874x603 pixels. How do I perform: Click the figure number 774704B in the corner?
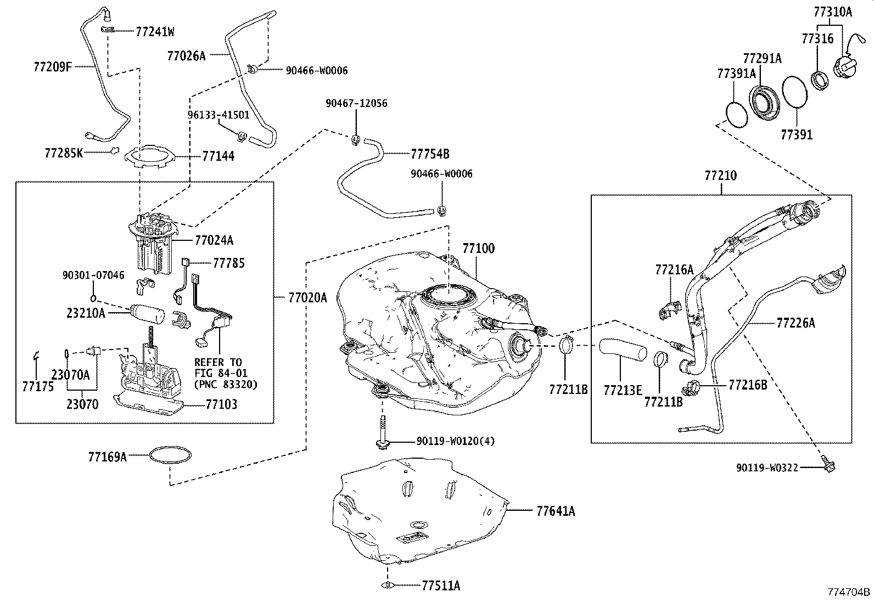[x=849, y=592]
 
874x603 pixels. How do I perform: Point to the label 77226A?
[x=795, y=323]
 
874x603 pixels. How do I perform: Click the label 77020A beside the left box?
[x=307, y=298]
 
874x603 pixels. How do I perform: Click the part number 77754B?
[x=430, y=154]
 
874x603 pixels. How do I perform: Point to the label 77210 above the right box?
[x=720, y=176]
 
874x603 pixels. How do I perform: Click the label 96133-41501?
[x=218, y=115]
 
